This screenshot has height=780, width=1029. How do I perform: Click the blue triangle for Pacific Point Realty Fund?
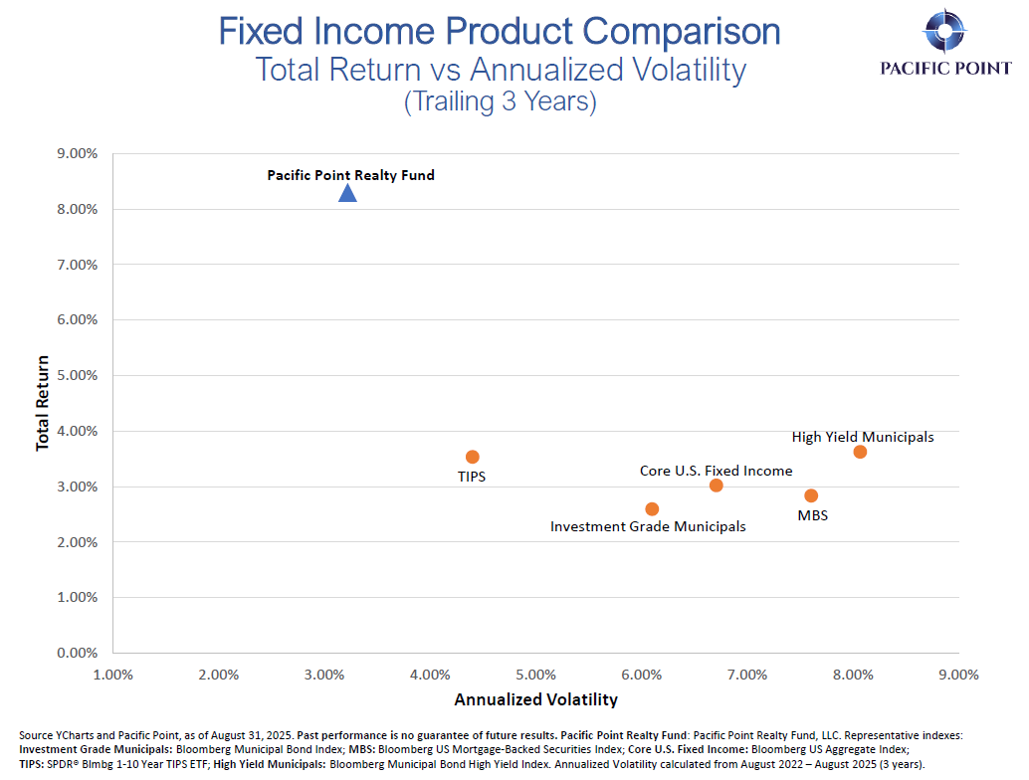(347, 192)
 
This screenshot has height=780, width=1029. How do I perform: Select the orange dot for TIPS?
(473, 457)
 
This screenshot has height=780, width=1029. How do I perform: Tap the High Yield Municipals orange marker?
(860, 452)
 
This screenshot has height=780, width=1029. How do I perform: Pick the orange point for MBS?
(811, 495)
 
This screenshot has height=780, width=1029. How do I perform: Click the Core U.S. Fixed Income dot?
(716, 485)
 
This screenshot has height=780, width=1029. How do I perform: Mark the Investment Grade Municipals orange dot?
(652, 508)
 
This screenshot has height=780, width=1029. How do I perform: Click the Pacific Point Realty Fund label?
(350, 175)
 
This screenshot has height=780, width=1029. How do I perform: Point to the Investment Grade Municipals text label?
(648, 526)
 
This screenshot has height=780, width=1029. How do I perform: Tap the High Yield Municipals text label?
(863, 437)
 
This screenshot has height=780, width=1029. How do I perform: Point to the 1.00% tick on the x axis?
(112, 675)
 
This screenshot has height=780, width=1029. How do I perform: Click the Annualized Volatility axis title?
(535, 699)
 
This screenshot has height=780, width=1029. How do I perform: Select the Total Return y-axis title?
(43, 404)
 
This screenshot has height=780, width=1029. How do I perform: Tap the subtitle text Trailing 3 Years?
(500, 102)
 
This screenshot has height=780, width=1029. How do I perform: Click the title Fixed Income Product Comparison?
(500, 31)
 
